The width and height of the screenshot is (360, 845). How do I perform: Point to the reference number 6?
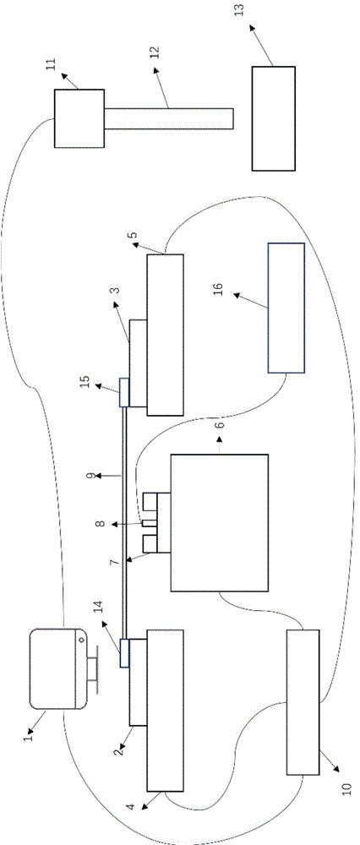220,427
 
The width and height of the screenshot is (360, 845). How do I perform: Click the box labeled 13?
273,118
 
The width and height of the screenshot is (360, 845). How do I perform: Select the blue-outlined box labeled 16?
286,308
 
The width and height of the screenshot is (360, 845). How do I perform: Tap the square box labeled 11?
78,118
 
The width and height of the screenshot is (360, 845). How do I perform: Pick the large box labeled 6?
220,521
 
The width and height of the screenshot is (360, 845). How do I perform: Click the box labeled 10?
303,702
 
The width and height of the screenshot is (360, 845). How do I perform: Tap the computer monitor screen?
55,667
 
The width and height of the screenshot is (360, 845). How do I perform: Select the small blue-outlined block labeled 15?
123,392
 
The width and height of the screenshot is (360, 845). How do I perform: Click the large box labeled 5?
165,336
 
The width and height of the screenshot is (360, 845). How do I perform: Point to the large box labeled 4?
165,708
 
